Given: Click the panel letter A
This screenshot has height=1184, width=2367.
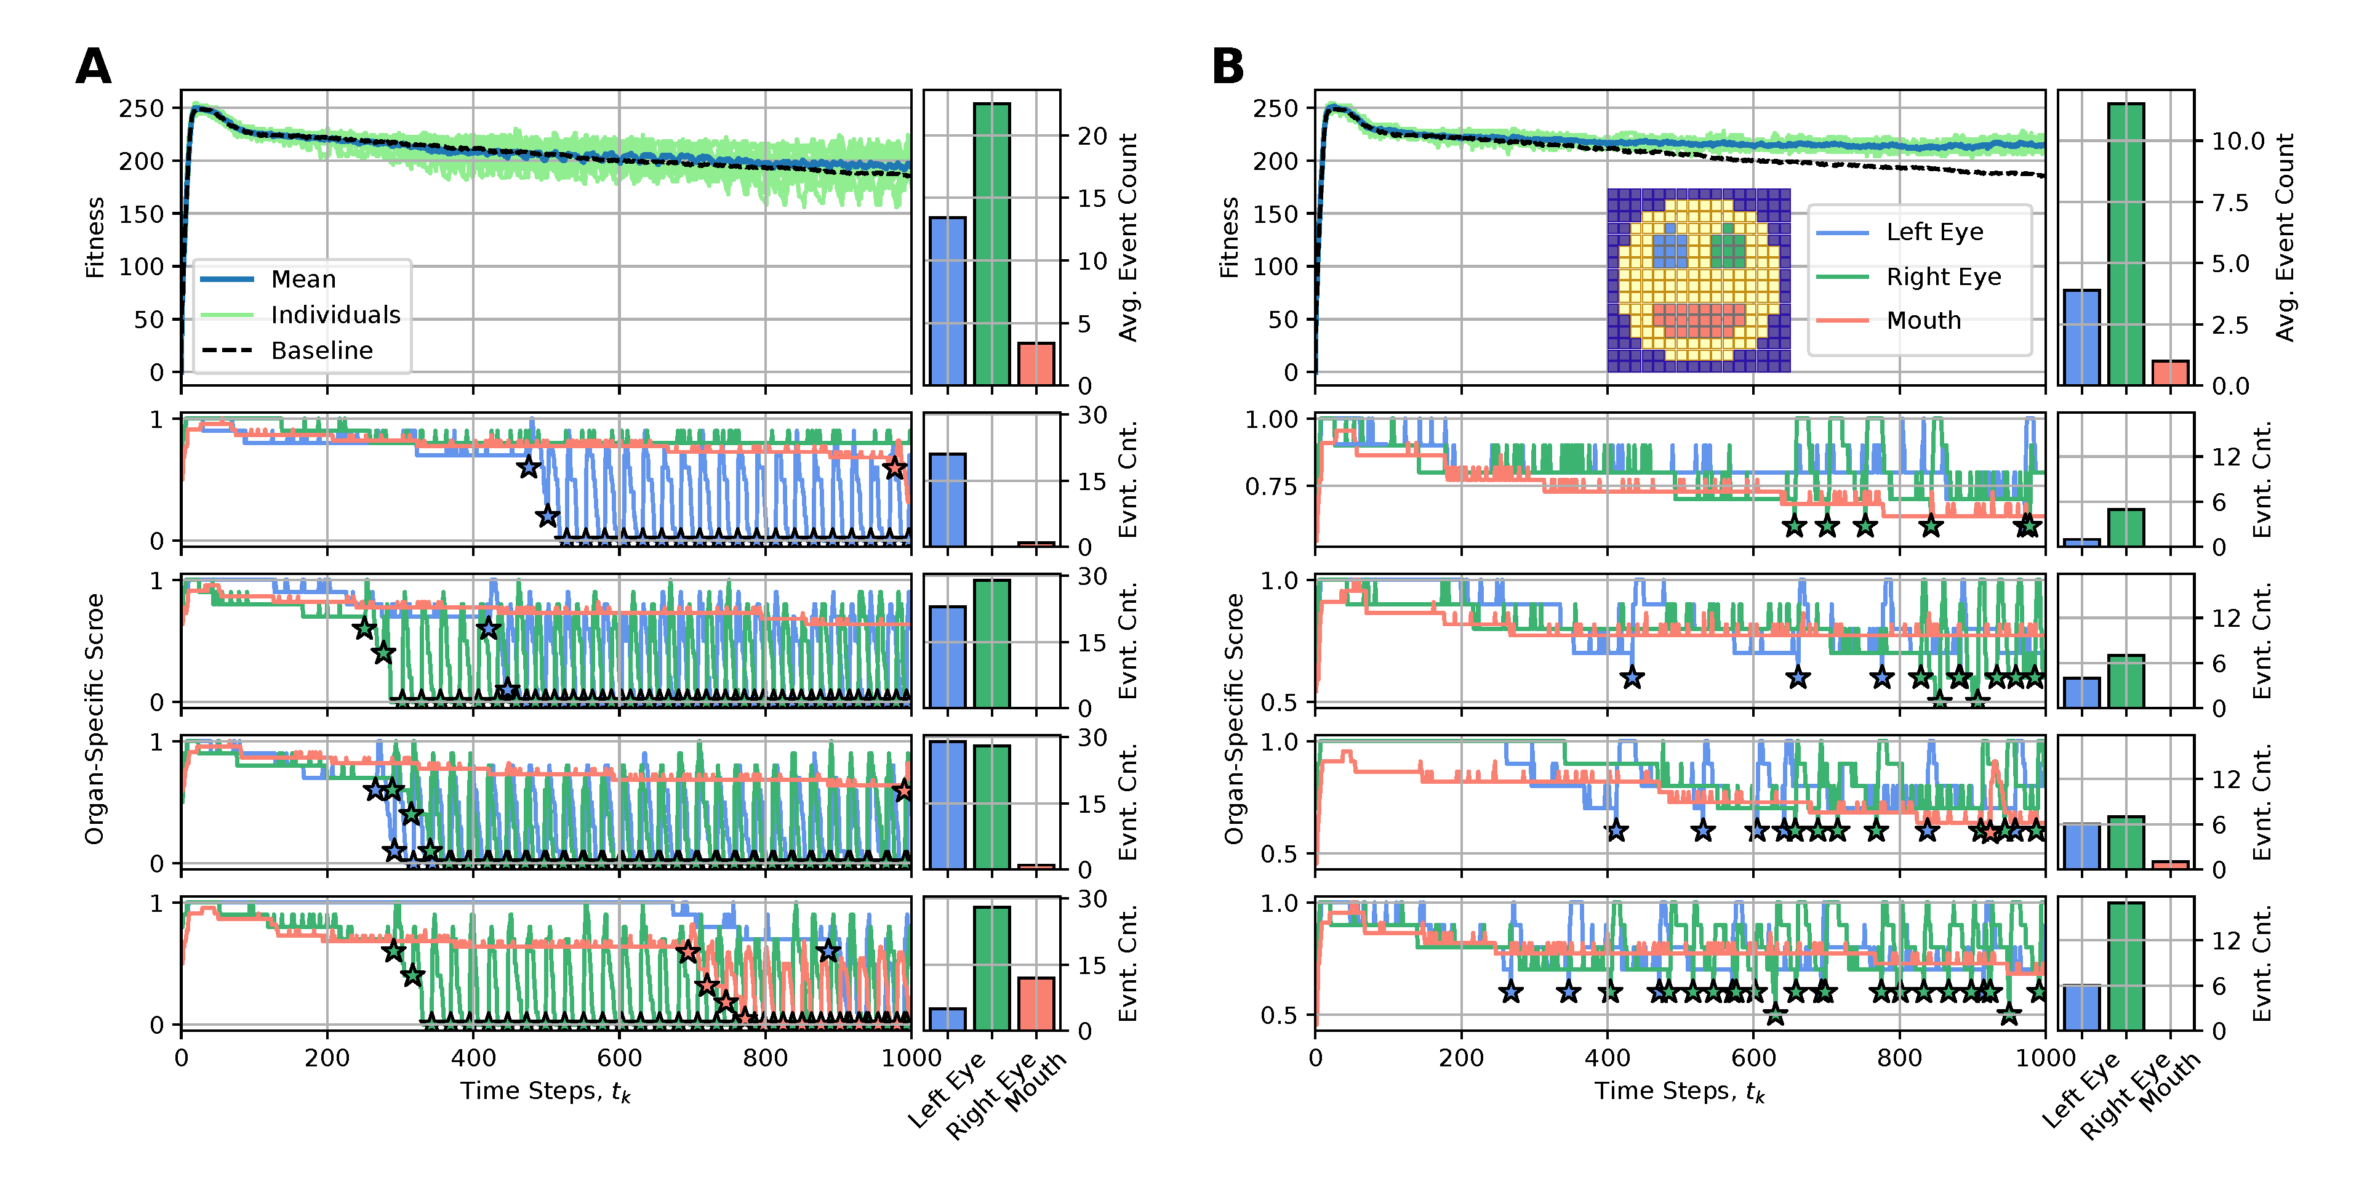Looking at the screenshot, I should click(93, 67).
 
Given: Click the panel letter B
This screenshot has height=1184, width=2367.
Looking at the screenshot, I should click(1228, 67).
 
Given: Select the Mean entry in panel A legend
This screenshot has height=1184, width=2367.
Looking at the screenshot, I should click(303, 278).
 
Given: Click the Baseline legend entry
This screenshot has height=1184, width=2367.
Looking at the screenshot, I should click(322, 350).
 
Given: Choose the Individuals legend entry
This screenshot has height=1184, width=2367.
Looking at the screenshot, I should click(335, 315).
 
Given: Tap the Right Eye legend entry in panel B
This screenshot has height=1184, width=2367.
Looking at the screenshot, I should click(1944, 276).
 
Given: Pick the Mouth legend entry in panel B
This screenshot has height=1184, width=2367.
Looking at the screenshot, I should click(1923, 320).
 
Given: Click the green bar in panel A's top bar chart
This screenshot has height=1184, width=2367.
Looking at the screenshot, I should click(991, 244).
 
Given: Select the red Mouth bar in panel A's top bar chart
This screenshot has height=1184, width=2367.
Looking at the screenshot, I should click(1036, 363).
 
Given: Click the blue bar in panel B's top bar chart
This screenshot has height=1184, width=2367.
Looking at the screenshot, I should click(2081, 337).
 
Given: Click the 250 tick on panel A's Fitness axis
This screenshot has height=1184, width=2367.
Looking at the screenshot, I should click(142, 108).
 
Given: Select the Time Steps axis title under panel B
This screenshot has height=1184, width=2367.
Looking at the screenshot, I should click(1679, 1091).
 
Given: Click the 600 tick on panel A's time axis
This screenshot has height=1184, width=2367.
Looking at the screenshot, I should click(619, 1057).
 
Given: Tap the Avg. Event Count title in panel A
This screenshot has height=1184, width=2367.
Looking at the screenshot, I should click(1127, 237).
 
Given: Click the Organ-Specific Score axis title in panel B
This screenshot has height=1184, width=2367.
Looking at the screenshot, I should click(1233, 719).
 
